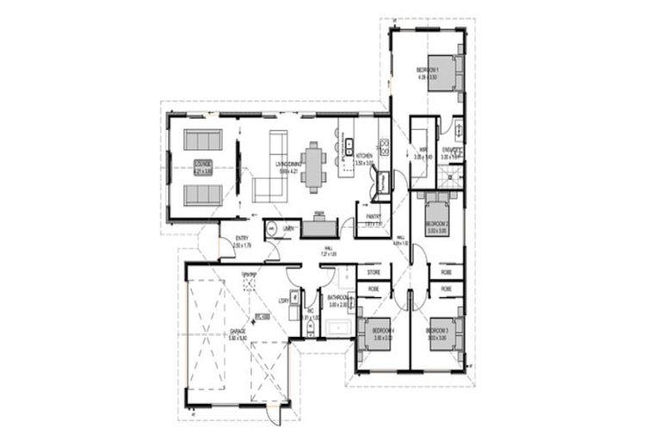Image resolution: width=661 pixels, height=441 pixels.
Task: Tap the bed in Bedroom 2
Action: coord(436,210)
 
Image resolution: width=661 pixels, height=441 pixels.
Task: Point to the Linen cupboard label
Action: coord(289,227)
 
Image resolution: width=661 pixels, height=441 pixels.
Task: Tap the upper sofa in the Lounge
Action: coord(202,139)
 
